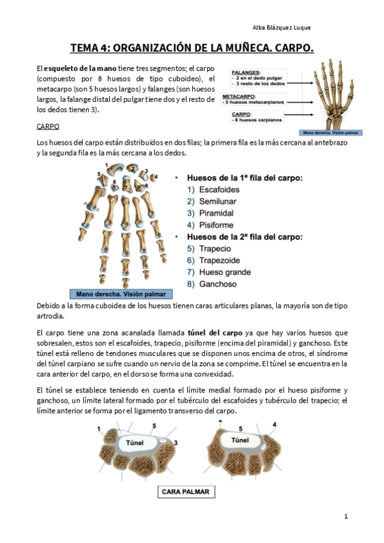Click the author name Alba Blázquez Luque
coord(281,28)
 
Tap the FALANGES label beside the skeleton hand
coord(246,72)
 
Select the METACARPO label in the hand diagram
coord(238,96)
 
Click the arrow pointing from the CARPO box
coord(299,115)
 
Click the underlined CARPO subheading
coord(48,126)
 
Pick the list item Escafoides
coord(219,190)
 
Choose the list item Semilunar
coord(218,202)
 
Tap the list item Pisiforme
coord(216,225)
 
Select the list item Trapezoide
coord(219,261)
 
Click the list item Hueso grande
coord(225,272)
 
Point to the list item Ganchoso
coord(218,284)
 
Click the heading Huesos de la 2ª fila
coord(245,237)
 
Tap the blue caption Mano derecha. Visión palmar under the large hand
coord(121,294)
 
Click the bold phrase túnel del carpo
coord(215,333)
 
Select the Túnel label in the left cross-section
coord(135,443)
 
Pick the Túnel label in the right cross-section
coord(240,440)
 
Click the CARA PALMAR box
coord(186,492)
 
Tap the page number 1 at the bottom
coord(346,516)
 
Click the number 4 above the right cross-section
coord(274,425)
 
